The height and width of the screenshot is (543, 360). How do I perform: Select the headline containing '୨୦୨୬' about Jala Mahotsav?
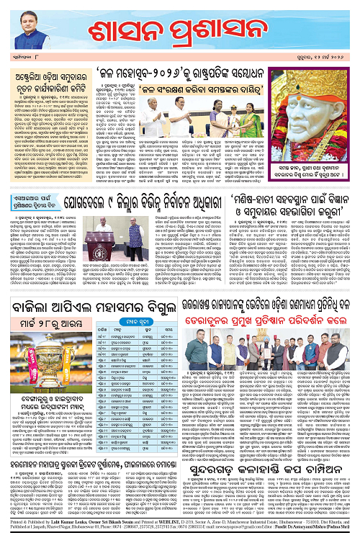(x=190, y=73)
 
